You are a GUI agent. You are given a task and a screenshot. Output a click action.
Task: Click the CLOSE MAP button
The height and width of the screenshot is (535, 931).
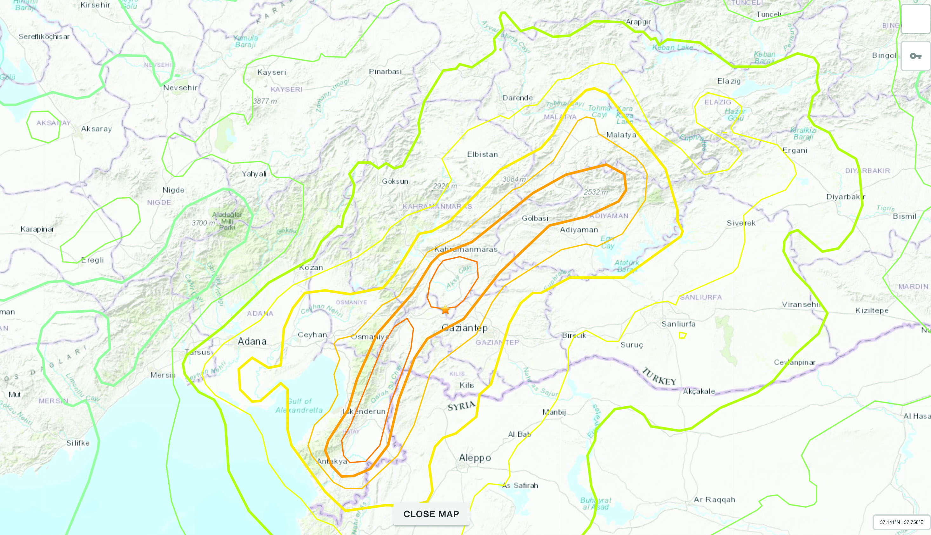(431, 514)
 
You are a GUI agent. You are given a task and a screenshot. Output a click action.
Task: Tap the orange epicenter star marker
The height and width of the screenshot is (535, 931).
(445, 309)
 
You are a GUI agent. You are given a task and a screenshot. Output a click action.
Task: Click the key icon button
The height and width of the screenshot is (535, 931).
(915, 56)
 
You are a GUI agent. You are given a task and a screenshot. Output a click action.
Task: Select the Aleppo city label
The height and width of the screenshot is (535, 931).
(475, 458)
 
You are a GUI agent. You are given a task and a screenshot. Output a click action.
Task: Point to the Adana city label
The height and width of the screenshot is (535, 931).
(252, 341)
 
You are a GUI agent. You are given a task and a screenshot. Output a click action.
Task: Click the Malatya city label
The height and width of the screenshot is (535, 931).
(621, 135)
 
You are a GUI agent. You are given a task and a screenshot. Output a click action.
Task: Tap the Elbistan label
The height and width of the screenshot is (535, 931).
(482, 154)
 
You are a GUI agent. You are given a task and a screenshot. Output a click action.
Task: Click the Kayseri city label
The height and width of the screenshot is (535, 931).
(271, 72)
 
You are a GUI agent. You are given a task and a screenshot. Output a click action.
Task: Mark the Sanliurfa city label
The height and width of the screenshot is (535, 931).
(678, 324)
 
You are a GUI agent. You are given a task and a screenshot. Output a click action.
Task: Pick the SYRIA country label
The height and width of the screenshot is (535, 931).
(461, 406)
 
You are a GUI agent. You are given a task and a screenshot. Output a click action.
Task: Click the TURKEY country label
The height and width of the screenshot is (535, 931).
(659, 376)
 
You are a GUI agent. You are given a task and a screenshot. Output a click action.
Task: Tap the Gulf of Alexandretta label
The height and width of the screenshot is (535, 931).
(299, 406)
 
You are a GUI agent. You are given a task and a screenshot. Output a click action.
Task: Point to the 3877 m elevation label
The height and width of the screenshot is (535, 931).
(265, 101)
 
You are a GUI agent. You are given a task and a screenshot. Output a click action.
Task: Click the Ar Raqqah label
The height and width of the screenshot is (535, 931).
(714, 500)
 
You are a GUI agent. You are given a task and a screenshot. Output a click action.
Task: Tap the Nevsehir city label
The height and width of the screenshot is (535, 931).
(180, 88)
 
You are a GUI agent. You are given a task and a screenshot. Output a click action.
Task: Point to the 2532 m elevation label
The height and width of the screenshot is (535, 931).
(596, 192)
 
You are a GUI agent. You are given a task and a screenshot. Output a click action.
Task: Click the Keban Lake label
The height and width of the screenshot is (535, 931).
(673, 47)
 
